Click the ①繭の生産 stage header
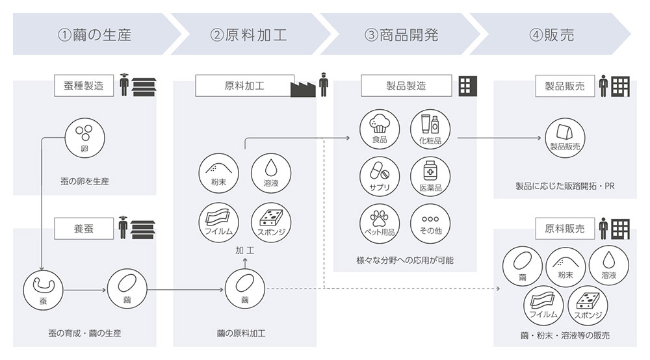coord(96,34)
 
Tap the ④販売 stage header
coord(551,34)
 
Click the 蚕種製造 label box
coord(84,86)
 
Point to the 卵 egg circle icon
coord(84,138)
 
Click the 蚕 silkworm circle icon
coord(43,290)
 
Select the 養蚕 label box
coord(84,228)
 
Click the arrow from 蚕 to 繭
coord(85,290)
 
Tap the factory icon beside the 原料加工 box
coord(303,88)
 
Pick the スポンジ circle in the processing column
coord(271,222)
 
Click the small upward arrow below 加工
coord(244,263)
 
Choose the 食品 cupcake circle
coord(380,129)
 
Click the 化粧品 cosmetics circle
coord(430,129)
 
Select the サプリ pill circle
coord(380,176)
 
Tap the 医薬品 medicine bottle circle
coord(430,176)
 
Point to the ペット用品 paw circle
coord(380,224)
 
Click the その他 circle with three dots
coord(430,224)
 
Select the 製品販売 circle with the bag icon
coord(565,138)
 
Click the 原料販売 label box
coord(565,228)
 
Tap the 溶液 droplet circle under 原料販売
coord(608,266)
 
